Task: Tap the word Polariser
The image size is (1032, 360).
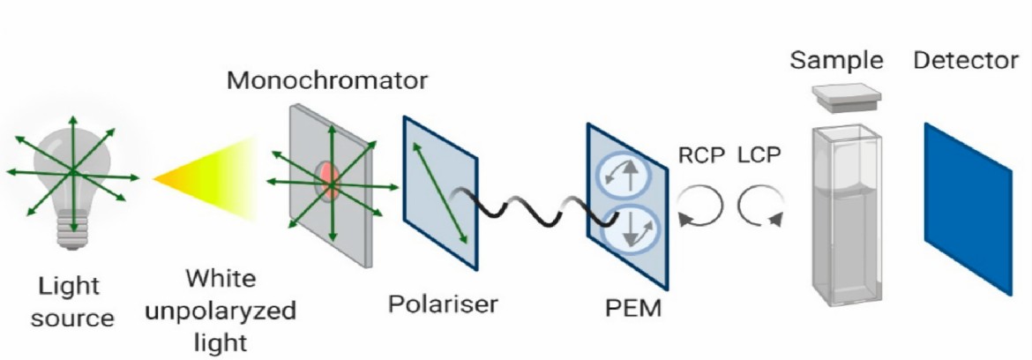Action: click(443, 305)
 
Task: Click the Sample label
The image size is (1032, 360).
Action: click(836, 61)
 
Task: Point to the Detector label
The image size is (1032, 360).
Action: click(966, 61)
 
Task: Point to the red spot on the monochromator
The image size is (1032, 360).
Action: click(329, 179)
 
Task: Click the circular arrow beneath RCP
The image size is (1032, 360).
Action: click(700, 206)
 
